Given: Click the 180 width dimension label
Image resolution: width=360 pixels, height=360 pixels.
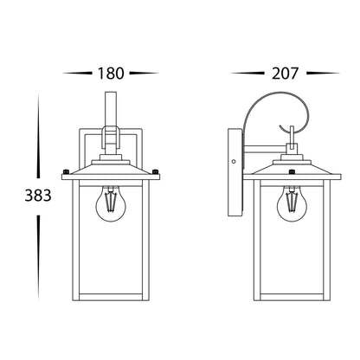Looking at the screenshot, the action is [x=111, y=74].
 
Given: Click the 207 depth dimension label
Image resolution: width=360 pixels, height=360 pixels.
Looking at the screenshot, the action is [x=285, y=74].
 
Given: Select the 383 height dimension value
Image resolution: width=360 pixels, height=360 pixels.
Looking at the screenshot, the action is [x=38, y=196].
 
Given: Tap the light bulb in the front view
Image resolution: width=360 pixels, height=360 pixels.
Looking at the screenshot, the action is [x=111, y=203].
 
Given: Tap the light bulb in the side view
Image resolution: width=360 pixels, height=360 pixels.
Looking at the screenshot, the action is [x=292, y=203].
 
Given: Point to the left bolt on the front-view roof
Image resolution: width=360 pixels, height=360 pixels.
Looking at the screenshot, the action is [x=67, y=171].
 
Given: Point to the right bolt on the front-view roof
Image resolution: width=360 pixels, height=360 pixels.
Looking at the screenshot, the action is [x=155, y=171].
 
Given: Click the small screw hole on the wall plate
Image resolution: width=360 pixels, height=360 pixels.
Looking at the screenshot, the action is [x=234, y=162].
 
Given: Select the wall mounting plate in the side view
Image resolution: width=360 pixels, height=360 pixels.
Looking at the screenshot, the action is [x=235, y=172].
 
